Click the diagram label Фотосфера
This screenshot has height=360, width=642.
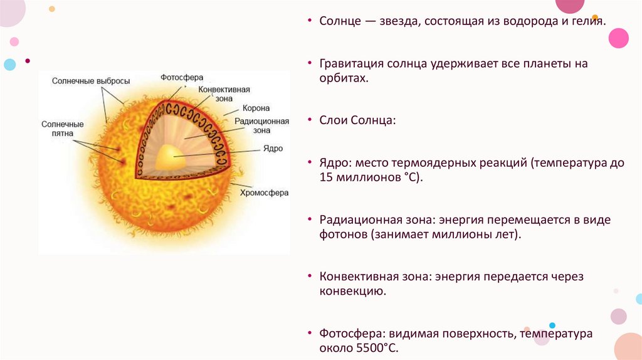pyautogui.click(x=182, y=78)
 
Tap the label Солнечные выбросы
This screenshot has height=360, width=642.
pyautogui.click(x=92, y=81)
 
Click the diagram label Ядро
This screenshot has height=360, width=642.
pyautogui.click(x=273, y=149)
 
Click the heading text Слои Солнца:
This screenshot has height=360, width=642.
pyautogui.click(x=357, y=120)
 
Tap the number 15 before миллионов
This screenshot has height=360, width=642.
pyautogui.click(x=326, y=178)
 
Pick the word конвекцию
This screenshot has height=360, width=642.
pyautogui.click(x=347, y=292)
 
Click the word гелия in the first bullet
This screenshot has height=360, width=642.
pyautogui.click(x=589, y=22)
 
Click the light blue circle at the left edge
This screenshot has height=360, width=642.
pyautogui.click(x=9, y=64)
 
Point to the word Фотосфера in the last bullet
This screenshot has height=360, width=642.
pyautogui.click(x=347, y=334)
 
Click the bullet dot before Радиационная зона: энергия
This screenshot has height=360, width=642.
pyautogui.click(x=310, y=221)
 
